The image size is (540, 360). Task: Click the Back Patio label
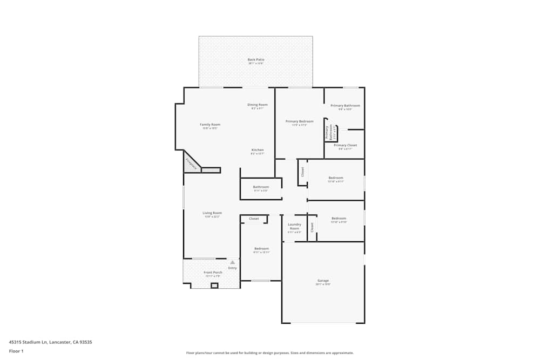(256, 59)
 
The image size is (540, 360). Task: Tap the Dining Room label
(258, 105)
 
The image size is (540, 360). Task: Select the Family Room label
(210, 125)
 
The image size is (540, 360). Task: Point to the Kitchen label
(258, 150)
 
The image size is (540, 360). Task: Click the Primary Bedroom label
(299, 121)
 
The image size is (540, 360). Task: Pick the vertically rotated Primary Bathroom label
(327, 133)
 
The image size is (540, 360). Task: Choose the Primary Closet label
(345, 145)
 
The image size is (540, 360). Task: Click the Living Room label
(212, 213)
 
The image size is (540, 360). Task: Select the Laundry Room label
(294, 226)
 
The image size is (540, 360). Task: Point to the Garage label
(323, 281)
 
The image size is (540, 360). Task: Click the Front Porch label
(213, 273)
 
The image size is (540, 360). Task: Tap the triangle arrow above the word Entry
(233, 262)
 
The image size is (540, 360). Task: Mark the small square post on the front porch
(214, 286)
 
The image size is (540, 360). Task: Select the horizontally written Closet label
(254, 219)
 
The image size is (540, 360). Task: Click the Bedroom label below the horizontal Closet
(261, 249)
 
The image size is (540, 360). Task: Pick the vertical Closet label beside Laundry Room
(312, 227)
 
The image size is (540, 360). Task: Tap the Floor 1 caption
(16, 351)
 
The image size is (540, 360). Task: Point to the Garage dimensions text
(323, 284)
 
